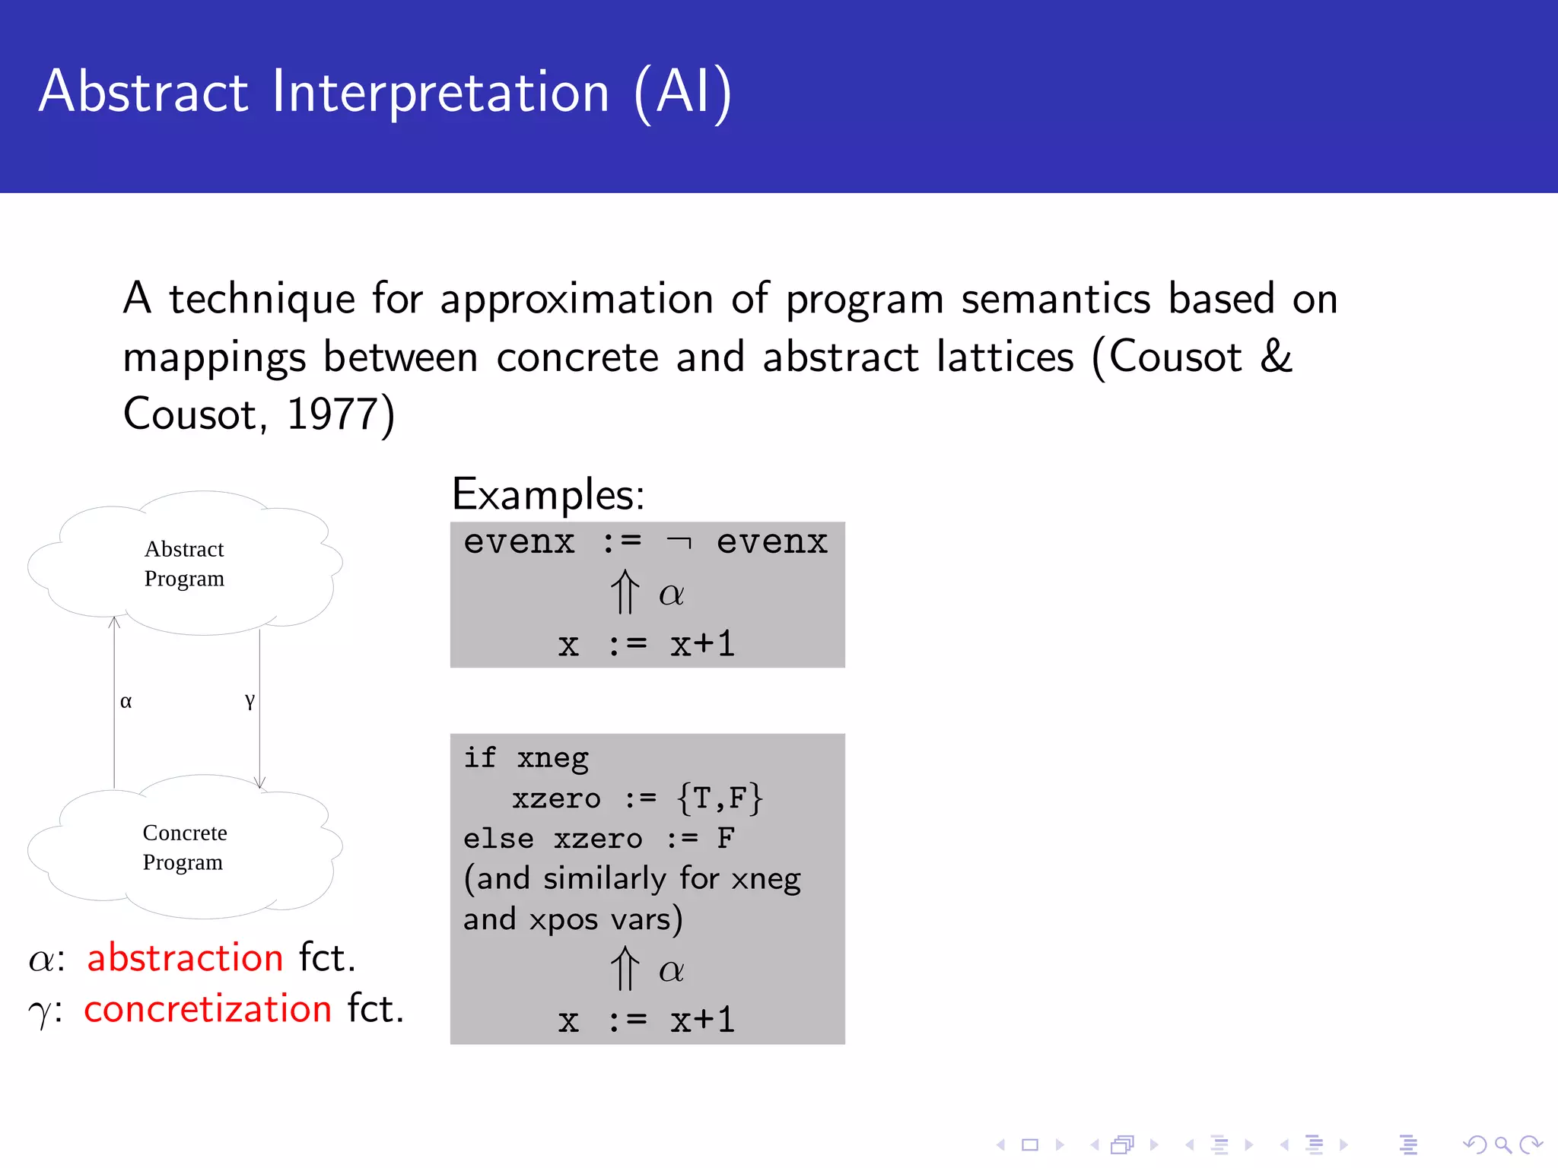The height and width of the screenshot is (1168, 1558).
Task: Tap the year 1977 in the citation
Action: [332, 415]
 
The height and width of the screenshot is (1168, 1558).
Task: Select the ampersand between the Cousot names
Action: [1276, 356]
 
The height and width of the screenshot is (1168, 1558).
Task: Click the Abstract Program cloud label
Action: [184, 563]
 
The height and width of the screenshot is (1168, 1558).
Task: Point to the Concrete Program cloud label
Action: [184, 847]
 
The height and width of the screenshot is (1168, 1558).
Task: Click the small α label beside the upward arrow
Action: [126, 701]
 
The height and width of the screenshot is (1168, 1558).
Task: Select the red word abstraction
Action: [185, 957]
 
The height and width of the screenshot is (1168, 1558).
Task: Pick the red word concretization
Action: [208, 1009]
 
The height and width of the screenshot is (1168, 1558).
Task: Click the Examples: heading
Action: [548, 495]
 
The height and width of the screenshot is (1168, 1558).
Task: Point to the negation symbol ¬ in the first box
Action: [679, 543]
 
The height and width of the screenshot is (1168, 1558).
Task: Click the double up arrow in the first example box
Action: [625, 592]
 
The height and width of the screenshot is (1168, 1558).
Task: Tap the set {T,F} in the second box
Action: [719, 798]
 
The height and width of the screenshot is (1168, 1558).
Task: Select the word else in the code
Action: [498, 839]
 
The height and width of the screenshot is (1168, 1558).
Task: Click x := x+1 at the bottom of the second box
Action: [647, 1020]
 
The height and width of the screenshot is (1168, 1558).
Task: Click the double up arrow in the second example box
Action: [625, 969]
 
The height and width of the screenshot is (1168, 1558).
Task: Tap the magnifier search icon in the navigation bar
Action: [1502, 1144]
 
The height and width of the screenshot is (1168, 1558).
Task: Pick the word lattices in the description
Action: [1004, 356]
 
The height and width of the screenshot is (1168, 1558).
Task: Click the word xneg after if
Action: [552, 759]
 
